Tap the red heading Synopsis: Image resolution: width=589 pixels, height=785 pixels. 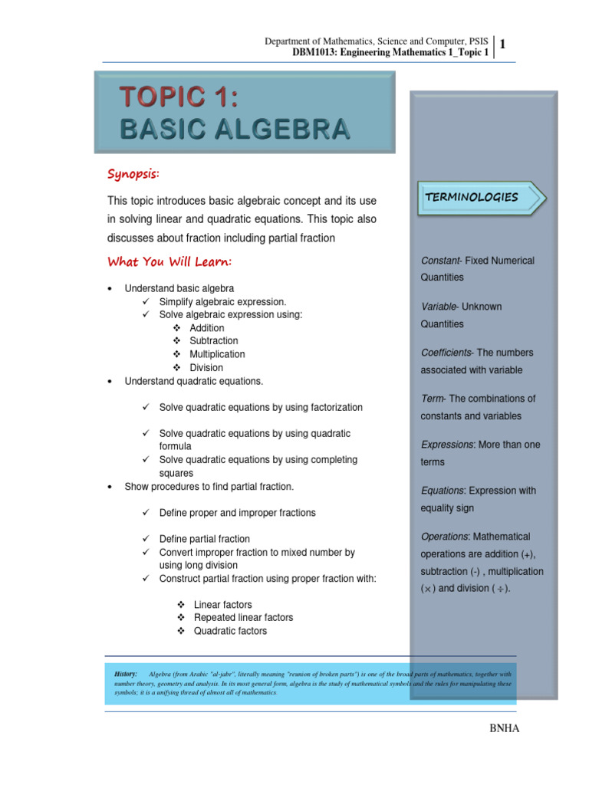tap(133, 174)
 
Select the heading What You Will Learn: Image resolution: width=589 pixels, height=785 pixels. tap(169, 262)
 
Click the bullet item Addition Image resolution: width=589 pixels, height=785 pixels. tap(207, 328)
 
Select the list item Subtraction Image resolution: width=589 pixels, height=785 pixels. tap(213, 341)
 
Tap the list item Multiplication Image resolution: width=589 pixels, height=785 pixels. tap(217, 354)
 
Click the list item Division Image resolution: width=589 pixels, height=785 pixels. tap(206, 368)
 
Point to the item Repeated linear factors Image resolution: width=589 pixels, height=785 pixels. tap(243, 618)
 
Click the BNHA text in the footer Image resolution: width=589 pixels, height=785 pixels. tap(504, 728)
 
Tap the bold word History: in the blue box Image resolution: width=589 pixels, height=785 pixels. tap(125, 672)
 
